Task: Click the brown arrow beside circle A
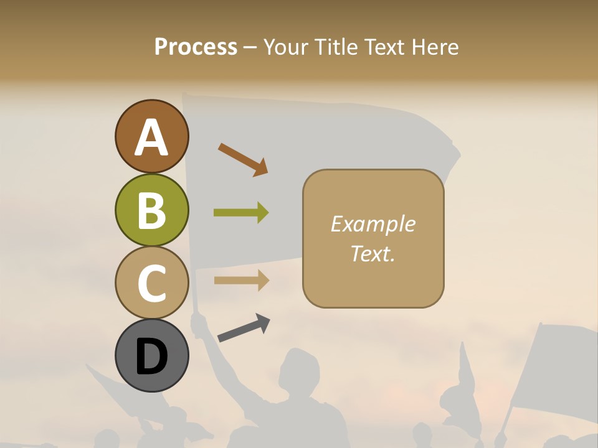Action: click(243, 159)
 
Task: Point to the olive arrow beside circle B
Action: click(241, 213)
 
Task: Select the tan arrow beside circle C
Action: click(241, 280)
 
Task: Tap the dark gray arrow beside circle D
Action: click(244, 328)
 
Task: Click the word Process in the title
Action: click(196, 47)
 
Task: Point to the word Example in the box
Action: click(373, 224)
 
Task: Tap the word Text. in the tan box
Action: click(373, 253)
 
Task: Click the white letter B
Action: click(151, 210)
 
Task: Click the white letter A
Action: click(151, 137)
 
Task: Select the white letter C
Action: click(151, 284)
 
